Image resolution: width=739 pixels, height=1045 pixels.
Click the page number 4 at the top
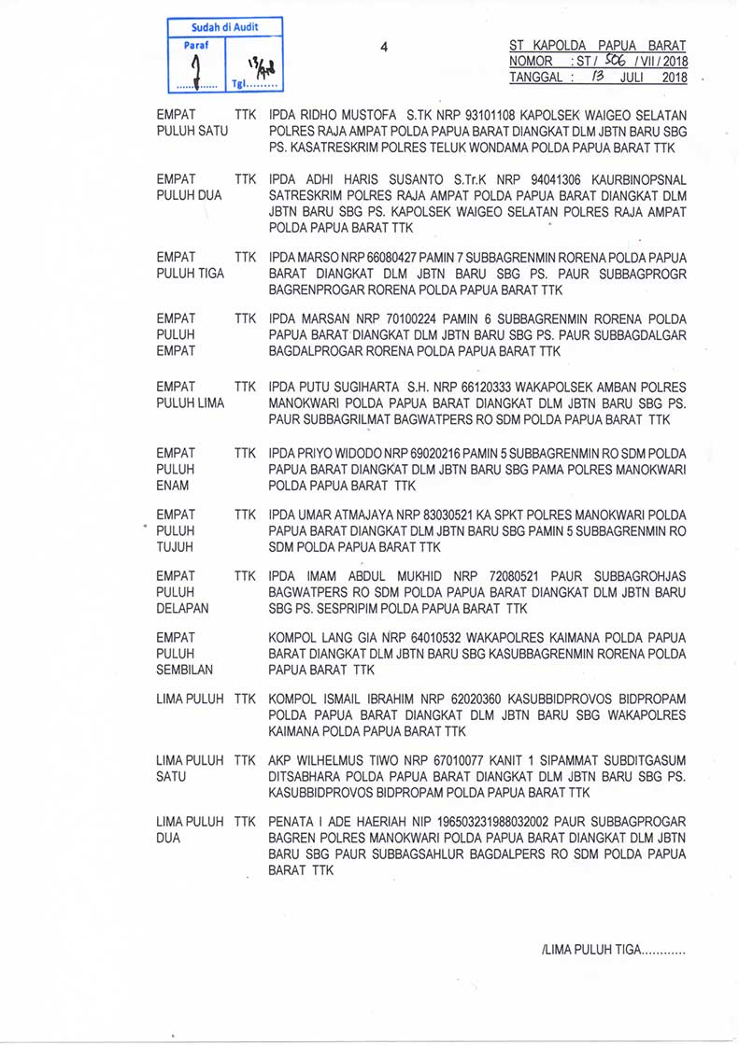384,47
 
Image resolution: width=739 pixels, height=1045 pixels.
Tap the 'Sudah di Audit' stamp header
224,28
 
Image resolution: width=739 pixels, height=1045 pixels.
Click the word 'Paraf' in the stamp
196,44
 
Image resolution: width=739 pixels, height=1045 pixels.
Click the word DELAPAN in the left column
183,609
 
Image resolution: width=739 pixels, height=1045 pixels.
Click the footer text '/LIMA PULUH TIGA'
590,951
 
